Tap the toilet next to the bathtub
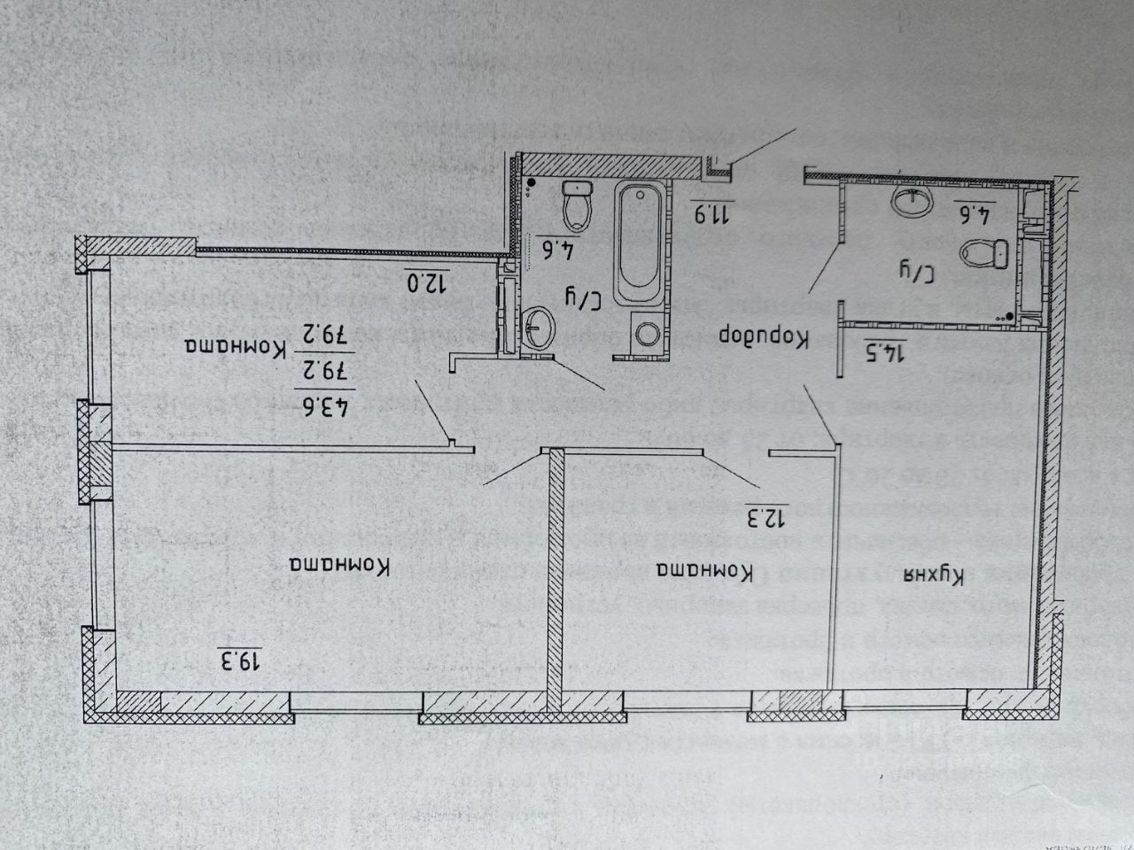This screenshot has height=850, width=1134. point(578,205)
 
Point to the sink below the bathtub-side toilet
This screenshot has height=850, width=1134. point(538,328)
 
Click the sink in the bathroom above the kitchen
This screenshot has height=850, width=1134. point(913,201)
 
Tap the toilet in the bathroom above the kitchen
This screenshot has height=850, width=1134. point(988,254)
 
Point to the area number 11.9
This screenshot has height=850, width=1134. point(710,212)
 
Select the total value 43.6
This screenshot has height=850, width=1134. point(327,409)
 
